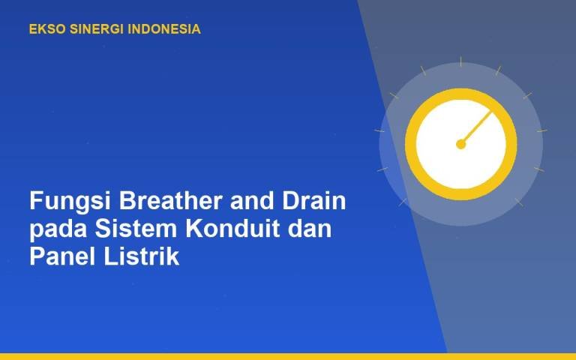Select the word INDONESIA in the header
pyautogui.click(x=164, y=29)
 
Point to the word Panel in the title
pyautogui.click(x=63, y=256)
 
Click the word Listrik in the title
pyautogui.click(x=142, y=256)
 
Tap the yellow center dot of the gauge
pyautogui.click(x=460, y=144)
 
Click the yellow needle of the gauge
pyautogui.click(x=476, y=127)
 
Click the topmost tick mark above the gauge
pyautogui.click(x=460, y=61)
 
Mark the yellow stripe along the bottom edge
pyautogui.click(x=288, y=356)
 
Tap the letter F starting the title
pyautogui.click(x=36, y=200)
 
